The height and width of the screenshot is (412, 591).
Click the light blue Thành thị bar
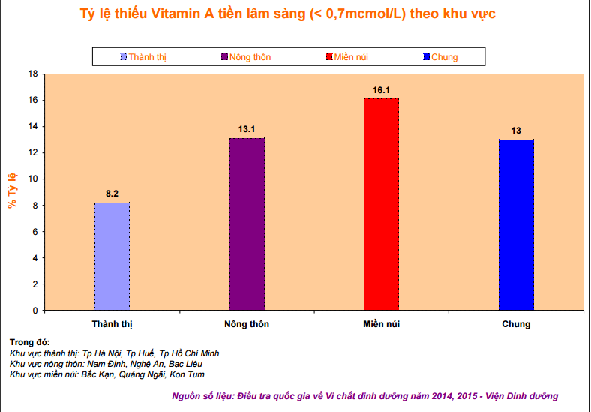point(112,256)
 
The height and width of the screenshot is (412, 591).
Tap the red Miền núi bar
point(381,204)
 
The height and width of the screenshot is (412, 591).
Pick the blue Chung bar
point(516,224)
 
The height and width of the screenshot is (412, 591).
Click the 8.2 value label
point(112,194)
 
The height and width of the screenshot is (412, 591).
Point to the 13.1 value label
point(247,129)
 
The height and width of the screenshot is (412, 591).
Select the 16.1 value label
point(381,90)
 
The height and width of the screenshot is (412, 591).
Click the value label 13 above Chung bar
point(516,131)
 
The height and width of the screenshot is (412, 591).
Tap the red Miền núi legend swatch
point(328,57)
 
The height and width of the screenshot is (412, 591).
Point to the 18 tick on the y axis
point(32,74)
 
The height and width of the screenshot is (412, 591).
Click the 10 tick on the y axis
point(32,179)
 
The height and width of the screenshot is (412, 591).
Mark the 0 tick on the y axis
point(34,310)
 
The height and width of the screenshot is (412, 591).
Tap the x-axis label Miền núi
point(381,324)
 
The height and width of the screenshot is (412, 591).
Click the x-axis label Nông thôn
point(247,324)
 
